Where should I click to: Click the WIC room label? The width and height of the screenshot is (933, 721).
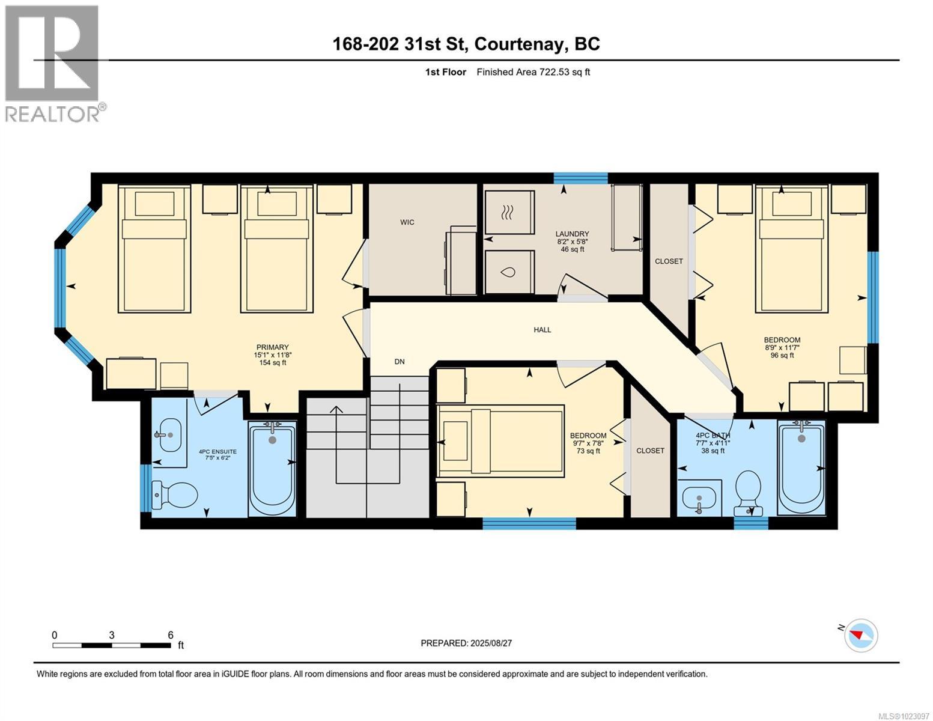click(407, 222)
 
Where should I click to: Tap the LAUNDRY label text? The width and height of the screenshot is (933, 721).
click(572, 234)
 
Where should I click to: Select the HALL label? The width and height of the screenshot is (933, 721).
click(542, 329)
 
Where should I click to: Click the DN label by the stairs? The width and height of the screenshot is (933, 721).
click(400, 362)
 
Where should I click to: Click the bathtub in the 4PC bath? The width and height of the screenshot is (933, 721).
click(801, 468)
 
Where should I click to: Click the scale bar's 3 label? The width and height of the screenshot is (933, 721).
click(112, 635)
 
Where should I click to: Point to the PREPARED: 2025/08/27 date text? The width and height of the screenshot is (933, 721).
click(466, 643)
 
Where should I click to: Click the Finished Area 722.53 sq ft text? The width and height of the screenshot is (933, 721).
click(533, 72)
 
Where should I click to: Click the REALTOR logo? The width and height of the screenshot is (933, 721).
click(53, 63)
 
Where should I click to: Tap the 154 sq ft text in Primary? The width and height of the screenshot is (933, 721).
click(272, 362)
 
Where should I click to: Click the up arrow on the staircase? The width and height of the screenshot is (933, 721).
click(336, 411)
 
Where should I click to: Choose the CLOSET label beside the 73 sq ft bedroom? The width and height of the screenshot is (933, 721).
click(650, 451)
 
